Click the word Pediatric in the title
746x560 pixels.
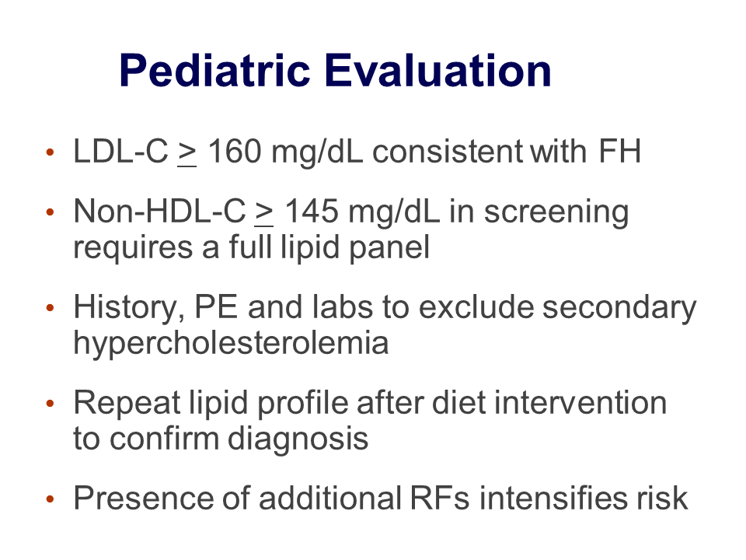[x=214, y=71]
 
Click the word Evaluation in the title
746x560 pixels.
[x=437, y=71]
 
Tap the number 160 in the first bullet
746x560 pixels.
[x=235, y=152]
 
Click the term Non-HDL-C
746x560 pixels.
[x=159, y=212]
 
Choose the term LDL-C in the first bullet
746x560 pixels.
[x=121, y=152]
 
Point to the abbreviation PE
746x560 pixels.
[x=216, y=307]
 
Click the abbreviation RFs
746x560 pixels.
[x=439, y=499]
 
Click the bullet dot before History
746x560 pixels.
[x=50, y=308]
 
